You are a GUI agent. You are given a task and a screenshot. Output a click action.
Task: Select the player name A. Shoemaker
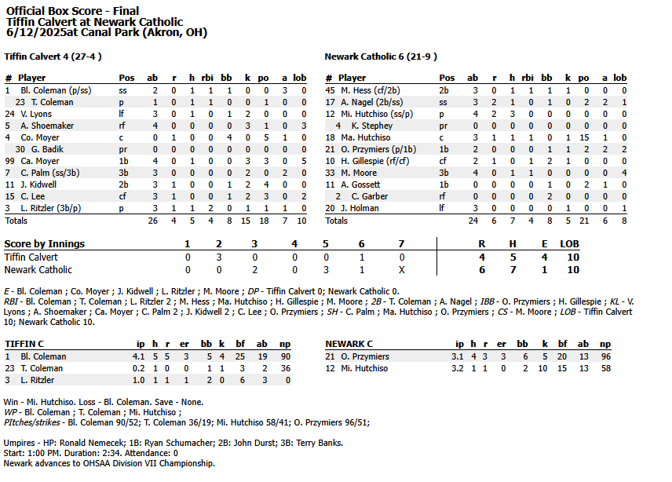point(47,126)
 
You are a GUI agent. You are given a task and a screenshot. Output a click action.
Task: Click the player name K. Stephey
point(371,126)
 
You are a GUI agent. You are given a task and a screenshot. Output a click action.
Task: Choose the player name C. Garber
point(369,196)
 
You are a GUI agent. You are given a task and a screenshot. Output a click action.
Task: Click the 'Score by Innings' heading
point(45,244)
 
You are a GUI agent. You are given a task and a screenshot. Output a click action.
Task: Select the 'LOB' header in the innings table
point(569,244)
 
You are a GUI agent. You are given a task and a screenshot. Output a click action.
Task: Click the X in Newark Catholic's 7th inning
point(402,269)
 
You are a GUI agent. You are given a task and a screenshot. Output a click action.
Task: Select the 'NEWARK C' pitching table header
point(349,344)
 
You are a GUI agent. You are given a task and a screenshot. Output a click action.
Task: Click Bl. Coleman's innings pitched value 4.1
point(138,356)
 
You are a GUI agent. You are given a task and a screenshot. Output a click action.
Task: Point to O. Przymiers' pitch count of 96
point(604,356)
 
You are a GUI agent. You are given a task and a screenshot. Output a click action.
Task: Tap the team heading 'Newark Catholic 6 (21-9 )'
point(381,57)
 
